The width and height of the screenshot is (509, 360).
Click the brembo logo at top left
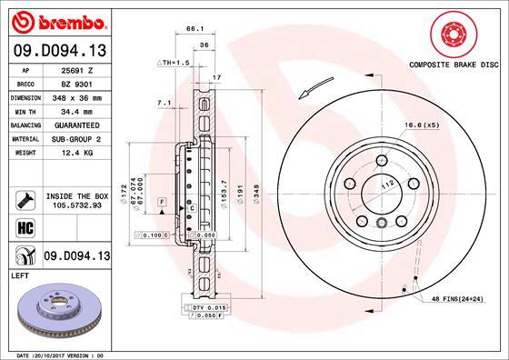(56, 20)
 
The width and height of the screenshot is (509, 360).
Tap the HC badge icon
(20, 227)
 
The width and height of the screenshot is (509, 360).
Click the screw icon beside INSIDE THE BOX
(20, 198)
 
